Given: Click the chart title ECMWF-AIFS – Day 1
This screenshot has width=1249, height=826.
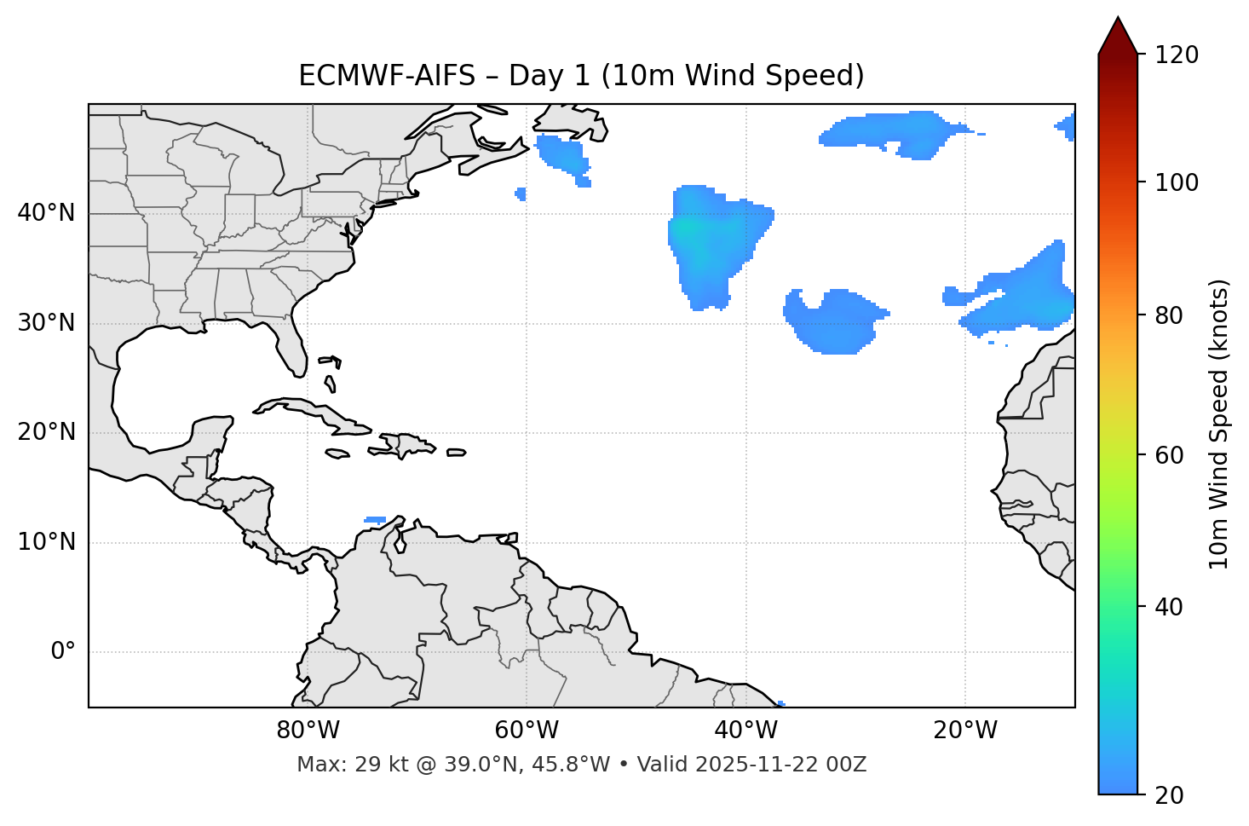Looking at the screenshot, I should click(581, 76).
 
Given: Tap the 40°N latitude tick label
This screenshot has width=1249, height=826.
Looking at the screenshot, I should click(46, 213).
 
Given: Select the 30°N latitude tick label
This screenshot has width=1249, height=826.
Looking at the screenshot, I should click(46, 323).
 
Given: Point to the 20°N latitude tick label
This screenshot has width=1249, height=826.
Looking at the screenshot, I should click(46, 432).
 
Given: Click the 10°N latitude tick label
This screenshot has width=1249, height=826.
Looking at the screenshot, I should click(46, 542).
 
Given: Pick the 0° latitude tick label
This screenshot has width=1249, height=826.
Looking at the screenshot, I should click(63, 652).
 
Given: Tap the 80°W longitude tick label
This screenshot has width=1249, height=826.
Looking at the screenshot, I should click(308, 731).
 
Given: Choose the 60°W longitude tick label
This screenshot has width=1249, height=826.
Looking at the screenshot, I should click(527, 731).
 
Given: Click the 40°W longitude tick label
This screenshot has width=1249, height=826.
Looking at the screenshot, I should click(746, 731).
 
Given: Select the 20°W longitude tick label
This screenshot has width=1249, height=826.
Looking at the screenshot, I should click(965, 731).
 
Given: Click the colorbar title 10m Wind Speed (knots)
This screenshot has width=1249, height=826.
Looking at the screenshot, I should click(1219, 425).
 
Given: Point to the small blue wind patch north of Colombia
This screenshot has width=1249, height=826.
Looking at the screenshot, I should click(375, 519).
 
